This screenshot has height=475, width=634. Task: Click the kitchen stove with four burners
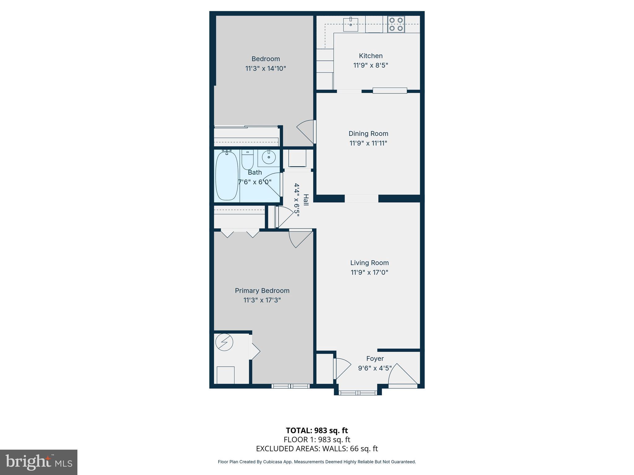[396, 24]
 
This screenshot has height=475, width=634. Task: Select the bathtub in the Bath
[227, 176]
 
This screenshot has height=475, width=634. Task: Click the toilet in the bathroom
[247, 159]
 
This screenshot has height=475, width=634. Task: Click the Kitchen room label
[371, 56]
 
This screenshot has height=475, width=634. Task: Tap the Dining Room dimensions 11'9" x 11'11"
[368, 143]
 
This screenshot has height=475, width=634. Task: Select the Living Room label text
[369, 263]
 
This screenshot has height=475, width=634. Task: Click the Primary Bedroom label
[262, 291]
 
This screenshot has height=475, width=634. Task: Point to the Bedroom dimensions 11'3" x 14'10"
[265, 69]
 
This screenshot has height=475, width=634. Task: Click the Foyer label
[375, 359]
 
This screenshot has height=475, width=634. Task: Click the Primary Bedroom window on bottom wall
[290, 386]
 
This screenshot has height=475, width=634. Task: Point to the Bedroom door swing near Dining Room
[306, 131]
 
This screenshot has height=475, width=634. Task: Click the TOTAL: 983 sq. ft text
[317, 430]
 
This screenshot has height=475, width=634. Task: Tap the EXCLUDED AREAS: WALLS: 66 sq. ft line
[317, 449]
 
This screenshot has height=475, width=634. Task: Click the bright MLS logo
[39, 462]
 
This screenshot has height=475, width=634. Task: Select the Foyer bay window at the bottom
[358, 393]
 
